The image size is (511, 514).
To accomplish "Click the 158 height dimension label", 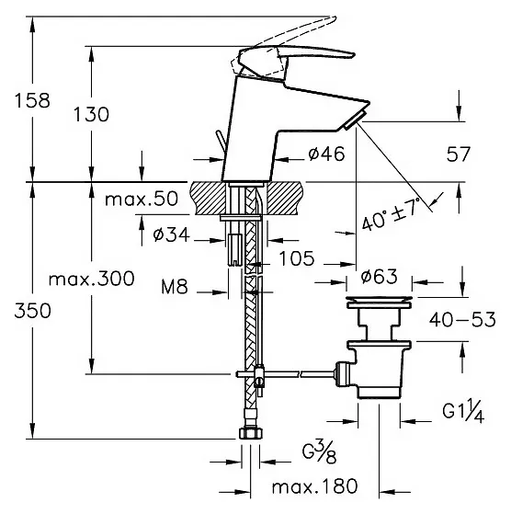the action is [x=32, y=100].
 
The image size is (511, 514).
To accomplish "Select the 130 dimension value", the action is [x=91, y=115].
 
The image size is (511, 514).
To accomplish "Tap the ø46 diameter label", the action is [x=326, y=154].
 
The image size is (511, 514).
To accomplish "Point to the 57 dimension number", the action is [x=459, y=154].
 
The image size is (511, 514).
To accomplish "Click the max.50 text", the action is [x=142, y=199].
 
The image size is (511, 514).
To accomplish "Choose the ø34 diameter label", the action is [x=171, y=234].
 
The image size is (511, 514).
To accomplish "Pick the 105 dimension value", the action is [x=297, y=258].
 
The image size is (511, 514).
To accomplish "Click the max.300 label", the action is [x=91, y=279].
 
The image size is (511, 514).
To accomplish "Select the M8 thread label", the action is [x=175, y=287].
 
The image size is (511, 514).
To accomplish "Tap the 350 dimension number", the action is [x=32, y=311].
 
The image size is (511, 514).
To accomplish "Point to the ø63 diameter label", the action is [x=379, y=277].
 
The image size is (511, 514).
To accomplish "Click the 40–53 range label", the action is [x=462, y=320].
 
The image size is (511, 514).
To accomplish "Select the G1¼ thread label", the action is [x=463, y=410].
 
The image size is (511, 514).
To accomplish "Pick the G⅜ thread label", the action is [x=320, y=452].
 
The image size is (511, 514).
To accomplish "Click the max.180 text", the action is [x=314, y=486].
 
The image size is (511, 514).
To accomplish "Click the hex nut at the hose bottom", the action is [x=251, y=433].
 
